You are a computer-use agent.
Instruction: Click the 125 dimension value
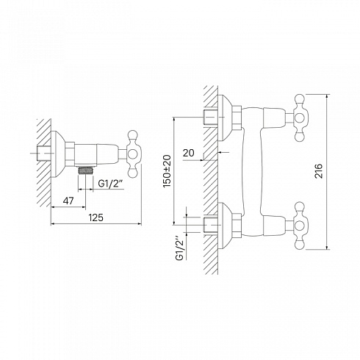click(96, 217)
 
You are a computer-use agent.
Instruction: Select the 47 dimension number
click(68, 201)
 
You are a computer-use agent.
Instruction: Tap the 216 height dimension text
click(318, 171)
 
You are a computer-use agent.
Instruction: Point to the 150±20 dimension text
click(168, 171)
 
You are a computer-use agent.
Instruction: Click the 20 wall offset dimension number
click(188, 153)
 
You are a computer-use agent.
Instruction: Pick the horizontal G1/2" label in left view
click(110, 183)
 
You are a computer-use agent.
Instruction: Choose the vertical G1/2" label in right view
click(179, 248)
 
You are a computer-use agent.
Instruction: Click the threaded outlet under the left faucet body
click(85, 170)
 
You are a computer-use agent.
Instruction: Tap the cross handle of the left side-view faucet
click(134, 154)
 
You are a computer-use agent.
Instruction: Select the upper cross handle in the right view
click(299, 118)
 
